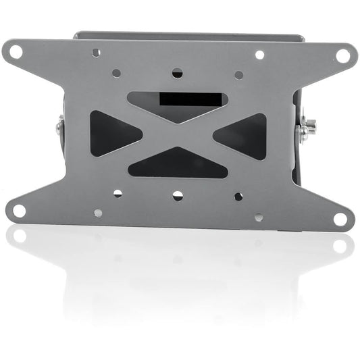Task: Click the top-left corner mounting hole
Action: (16, 51)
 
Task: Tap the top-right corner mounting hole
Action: (342, 55)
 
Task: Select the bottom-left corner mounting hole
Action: (19, 211)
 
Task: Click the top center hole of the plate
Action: (177, 72)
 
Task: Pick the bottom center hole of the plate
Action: (178, 196)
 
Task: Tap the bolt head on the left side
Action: (60, 126)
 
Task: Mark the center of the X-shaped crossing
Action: (178, 134)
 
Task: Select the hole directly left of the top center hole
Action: (116, 72)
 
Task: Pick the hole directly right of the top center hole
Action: (238, 75)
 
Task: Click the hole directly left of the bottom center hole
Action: (118, 193)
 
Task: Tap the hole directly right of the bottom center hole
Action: (238, 197)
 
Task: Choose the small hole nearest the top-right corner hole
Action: (259, 55)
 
